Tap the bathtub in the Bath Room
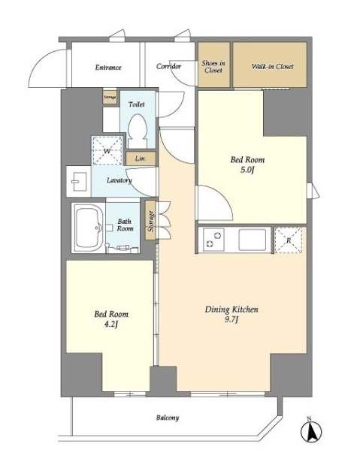(x=89, y=228)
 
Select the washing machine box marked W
(x=107, y=151)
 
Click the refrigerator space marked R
(x=289, y=240)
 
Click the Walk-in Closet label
(x=273, y=66)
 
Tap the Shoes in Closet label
(x=213, y=67)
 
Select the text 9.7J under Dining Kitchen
(x=231, y=320)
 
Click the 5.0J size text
(x=247, y=170)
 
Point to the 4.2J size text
(x=111, y=325)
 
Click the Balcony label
(x=168, y=418)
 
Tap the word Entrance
(x=108, y=68)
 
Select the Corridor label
(x=168, y=66)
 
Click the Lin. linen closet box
(x=141, y=159)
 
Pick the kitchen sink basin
(x=253, y=239)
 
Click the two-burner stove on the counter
(x=213, y=240)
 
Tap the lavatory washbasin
(x=78, y=182)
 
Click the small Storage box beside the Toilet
(x=110, y=97)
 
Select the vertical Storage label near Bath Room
(x=151, y=221)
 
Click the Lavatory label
(x=119, y=180)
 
